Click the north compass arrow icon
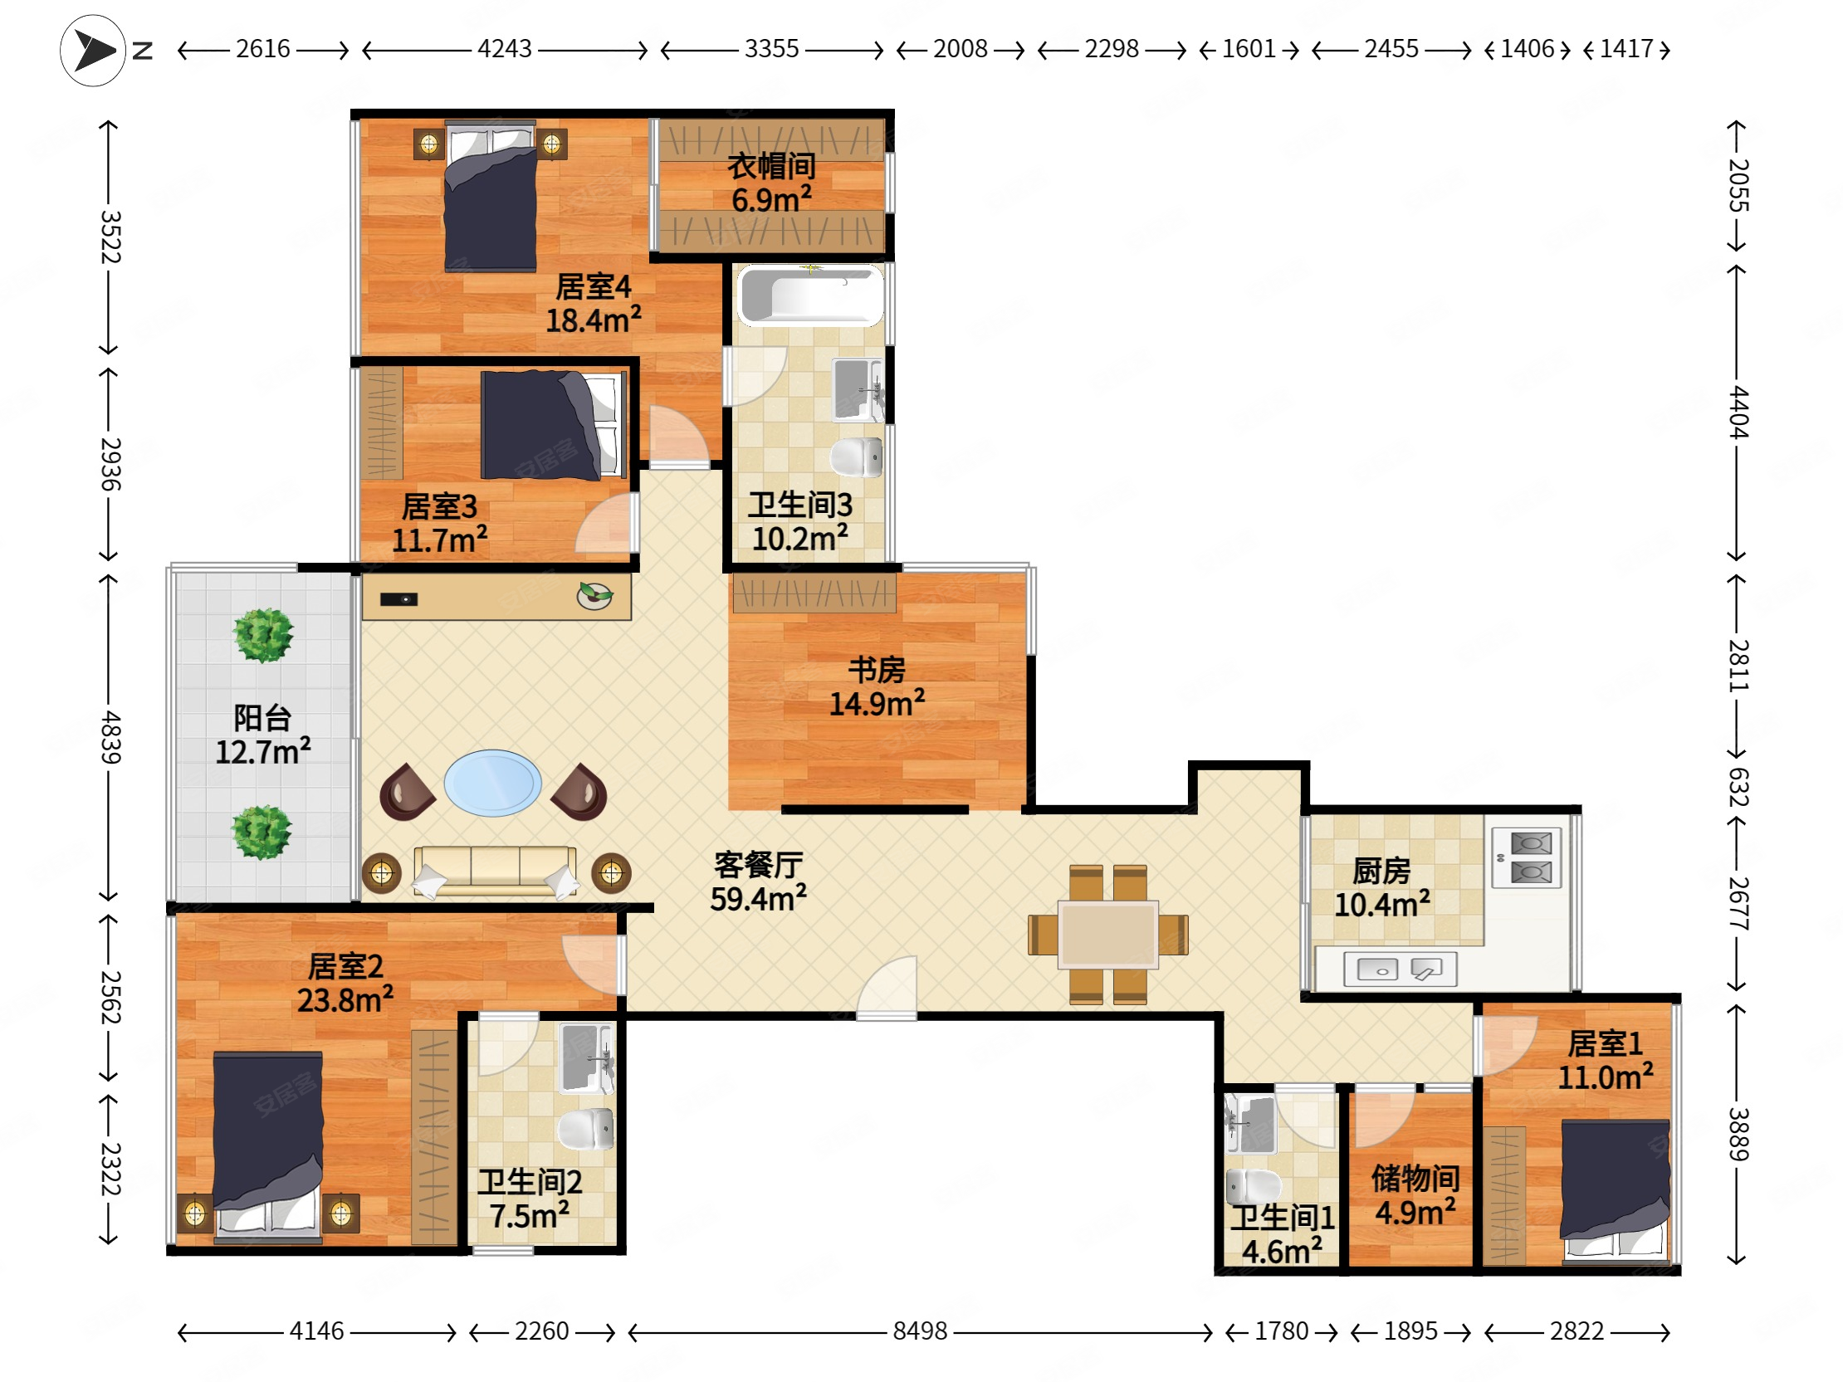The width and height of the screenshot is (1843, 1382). (x=92, y=50)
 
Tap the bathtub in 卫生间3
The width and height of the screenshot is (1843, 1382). (x=810, y=295)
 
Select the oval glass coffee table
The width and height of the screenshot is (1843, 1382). (x=492, y=783)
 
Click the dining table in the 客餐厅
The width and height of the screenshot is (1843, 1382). (x=1107, y=934)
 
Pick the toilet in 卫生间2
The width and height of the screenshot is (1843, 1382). (x=586, y=1129)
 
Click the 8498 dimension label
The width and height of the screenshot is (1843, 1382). (x=920, y=1331)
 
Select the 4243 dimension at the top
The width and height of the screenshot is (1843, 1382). (x=504, y=48)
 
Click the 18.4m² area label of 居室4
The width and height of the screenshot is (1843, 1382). (x=594, y=320)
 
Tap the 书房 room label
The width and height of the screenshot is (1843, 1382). (x=877, y=670)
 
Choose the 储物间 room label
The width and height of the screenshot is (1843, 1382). (x=1415, y=1178)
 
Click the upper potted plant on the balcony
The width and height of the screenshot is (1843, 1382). (x=263, y=636)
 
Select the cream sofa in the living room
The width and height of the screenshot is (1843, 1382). (x=495, y=872)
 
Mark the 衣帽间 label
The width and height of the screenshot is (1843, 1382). (x=771, y=166)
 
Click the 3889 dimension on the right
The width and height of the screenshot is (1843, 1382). (x=1738, y=1134)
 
